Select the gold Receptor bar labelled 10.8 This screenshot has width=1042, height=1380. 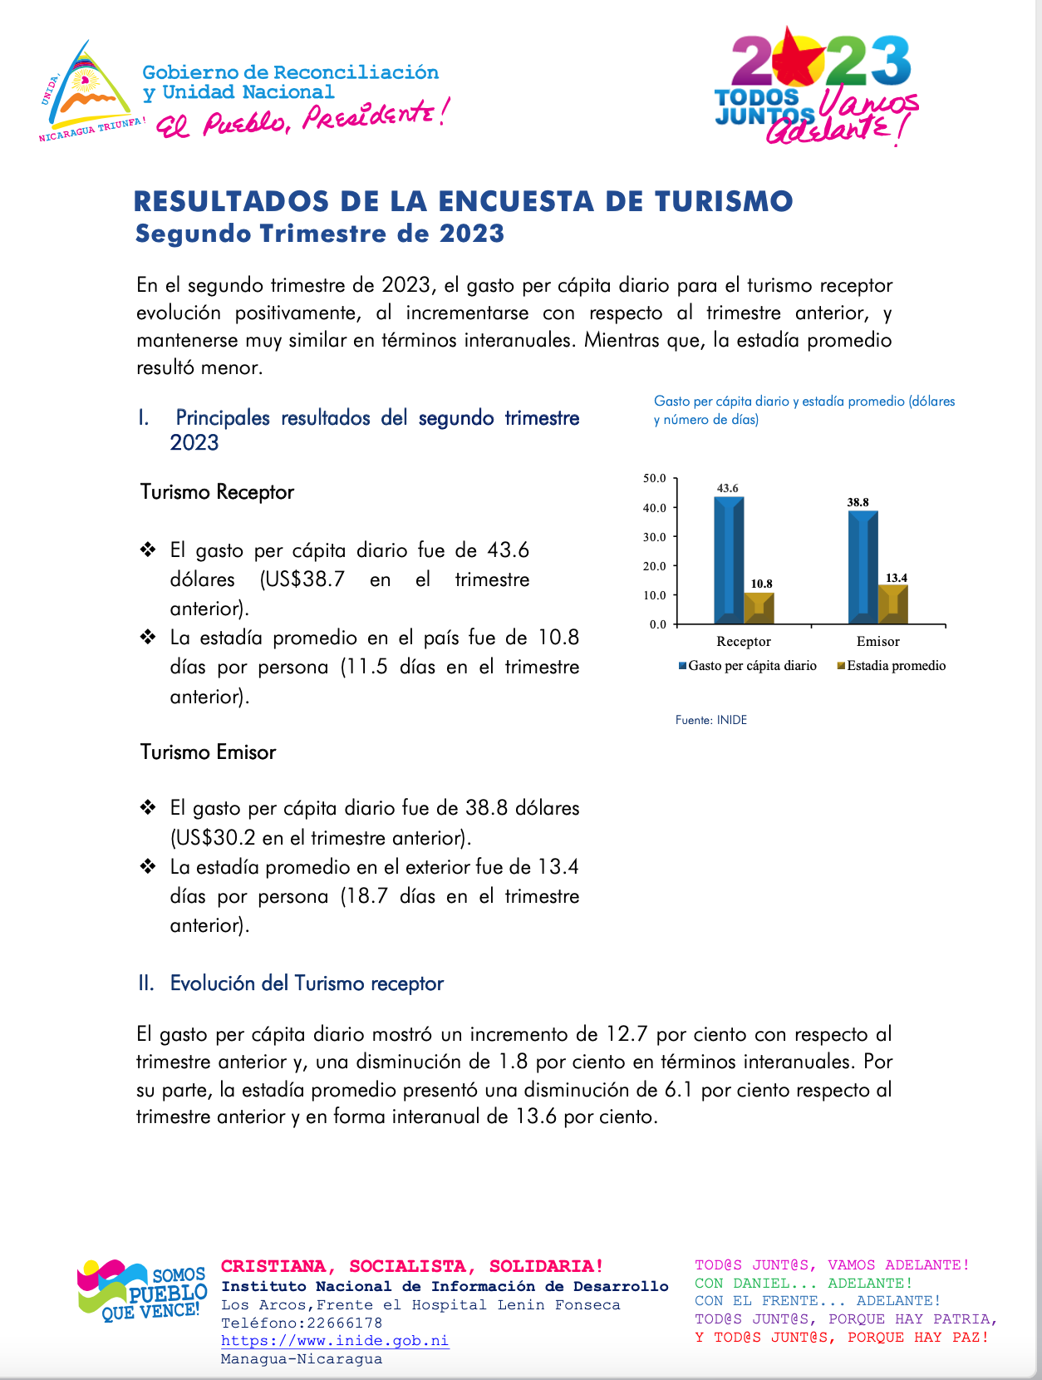pyautogui.click(x=759, y=608)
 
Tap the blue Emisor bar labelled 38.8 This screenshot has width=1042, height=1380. pyautogui.click(x=863, y=567)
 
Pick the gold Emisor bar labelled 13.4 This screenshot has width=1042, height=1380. pyautogui.click(x=893, y=604)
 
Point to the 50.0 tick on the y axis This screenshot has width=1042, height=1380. pyautogui.click(x=655, y=479)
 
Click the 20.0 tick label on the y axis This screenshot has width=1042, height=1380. pyautogui.click(x=655, y=566)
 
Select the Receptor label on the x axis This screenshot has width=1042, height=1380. pyautogui.click(x=744, y=642)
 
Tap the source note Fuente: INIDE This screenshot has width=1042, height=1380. pyautogui.click(x=711, y=720)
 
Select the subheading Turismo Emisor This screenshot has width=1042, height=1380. pyautogui.click(x=208, y=752)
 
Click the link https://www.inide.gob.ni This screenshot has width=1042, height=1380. pyautogui.click(x=335, y=1341)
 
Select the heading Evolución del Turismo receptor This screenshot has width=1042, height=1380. pyautogui.click(x=307, y=983)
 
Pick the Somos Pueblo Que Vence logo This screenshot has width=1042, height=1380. pyautogui.click(x=142, y=1289)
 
